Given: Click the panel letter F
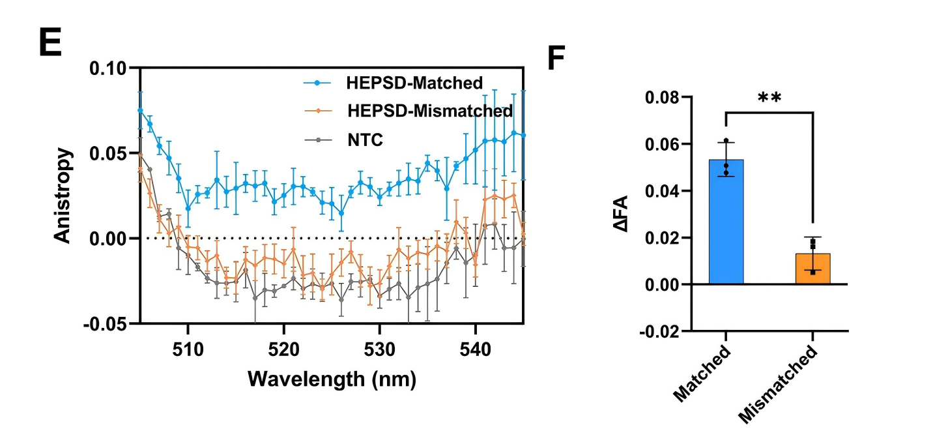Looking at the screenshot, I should (x=556, y=59).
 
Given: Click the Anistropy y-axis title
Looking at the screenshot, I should (x=63, y=196).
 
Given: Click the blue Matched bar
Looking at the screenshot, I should (x=726, y=222).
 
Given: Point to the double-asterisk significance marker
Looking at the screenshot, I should (x=769, y=98).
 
